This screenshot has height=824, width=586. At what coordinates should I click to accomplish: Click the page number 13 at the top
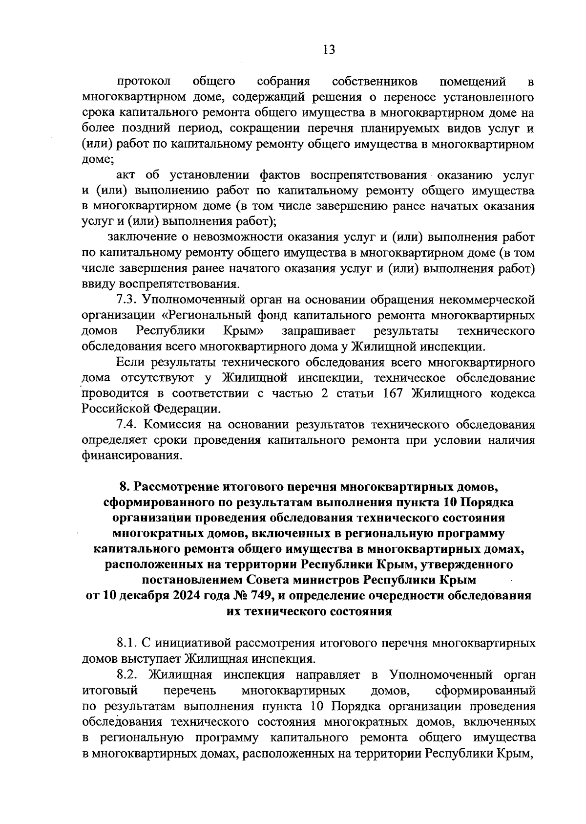[329, 50]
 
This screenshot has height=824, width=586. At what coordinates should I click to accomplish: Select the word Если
[131, 362]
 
